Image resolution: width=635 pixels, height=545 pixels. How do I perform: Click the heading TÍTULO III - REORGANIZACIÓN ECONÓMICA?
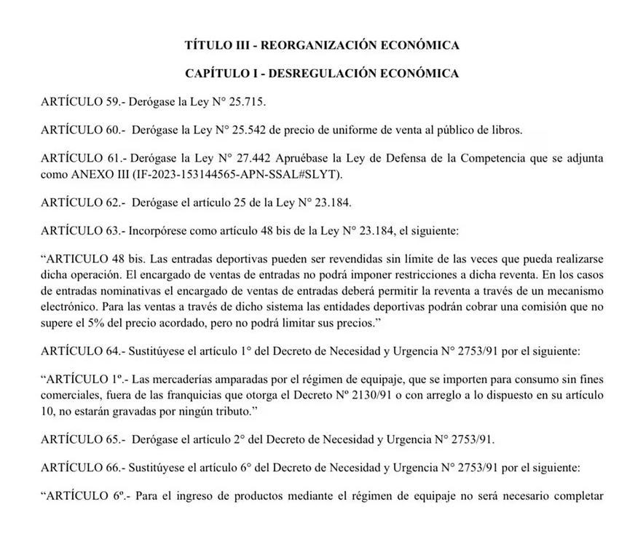[322, 45]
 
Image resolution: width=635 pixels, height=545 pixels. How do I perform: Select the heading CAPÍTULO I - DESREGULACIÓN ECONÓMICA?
[322, 74]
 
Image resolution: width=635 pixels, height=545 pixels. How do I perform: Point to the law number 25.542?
[258, 130]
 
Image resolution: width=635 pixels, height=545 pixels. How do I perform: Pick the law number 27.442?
[257, 159]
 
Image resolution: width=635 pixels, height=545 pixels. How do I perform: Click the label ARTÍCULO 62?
[81, 202]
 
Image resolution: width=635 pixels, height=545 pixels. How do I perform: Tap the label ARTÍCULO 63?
[81, 231]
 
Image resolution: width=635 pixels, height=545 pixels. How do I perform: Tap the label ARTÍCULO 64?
[81, 350]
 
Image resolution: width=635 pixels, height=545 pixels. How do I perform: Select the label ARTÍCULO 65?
[81, 440]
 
